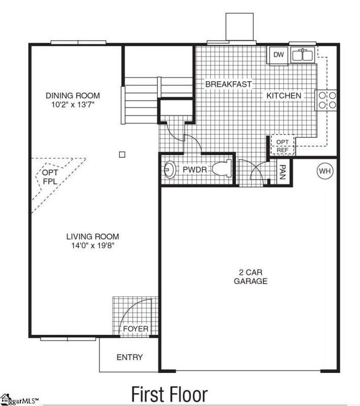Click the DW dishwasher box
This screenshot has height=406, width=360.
(278, 55)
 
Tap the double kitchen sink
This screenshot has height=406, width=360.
(303, 55)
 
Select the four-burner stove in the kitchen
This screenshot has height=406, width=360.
(326, 100)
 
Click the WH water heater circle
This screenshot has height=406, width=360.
(325, 171)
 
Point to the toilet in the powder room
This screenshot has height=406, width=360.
(222, 168)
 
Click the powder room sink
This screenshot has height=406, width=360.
(170, 170)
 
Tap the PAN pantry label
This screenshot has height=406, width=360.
(282, 172)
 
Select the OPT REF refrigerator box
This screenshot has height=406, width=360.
(282, 145)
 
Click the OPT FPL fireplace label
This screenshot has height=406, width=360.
(50, 177)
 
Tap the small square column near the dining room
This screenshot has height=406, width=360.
(122, 155)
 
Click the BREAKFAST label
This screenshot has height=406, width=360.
(228, 84)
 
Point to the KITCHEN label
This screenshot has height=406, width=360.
(284, 95)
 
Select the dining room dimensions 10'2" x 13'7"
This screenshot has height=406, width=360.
(73, 105)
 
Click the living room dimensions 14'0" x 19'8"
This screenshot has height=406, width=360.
(93, 245)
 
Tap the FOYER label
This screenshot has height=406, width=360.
(135, 329)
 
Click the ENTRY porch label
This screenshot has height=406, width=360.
(130, 357)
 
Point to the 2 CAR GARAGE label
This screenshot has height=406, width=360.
(250, 277)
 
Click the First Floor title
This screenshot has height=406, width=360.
(169, 394)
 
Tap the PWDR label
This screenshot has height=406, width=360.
(195, 170)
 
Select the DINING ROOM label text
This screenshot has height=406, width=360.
(73, 95)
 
